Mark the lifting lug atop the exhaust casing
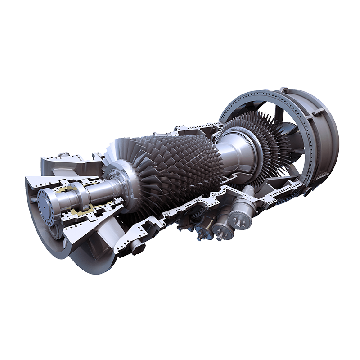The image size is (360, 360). pos(283,90)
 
